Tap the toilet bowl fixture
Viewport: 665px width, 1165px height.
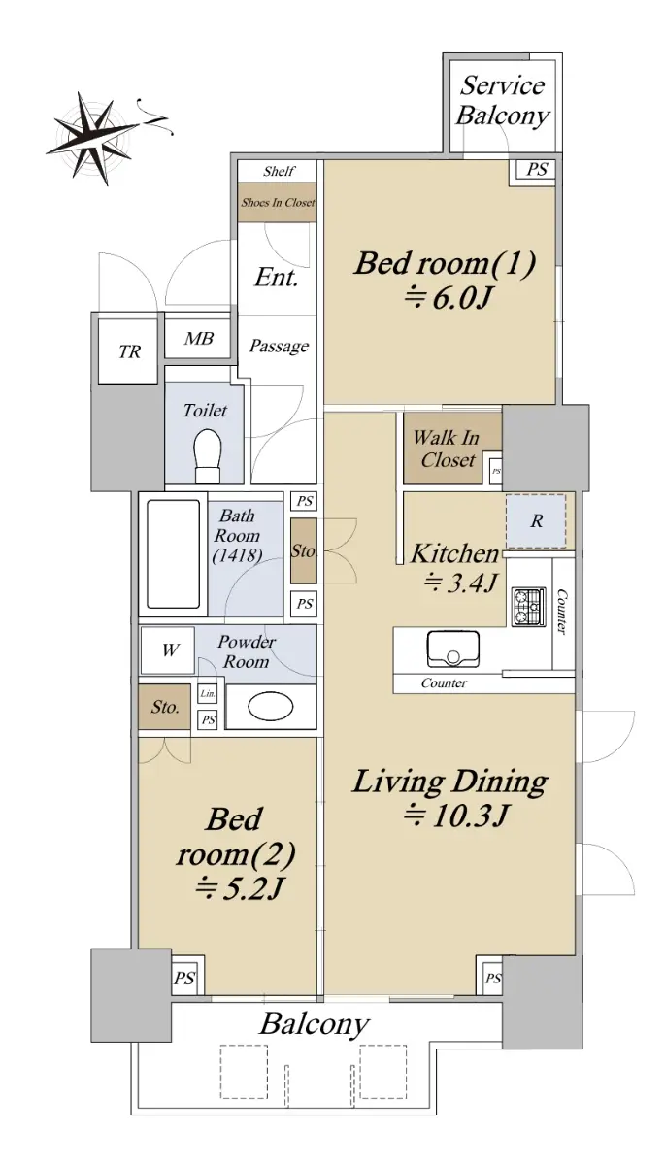pos(207,456)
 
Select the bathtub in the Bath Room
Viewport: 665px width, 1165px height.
pos(173,554)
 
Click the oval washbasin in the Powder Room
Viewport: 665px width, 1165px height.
pos(270,707)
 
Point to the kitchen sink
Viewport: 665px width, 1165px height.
pos(452,649)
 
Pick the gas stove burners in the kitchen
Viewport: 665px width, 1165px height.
pos(528,607)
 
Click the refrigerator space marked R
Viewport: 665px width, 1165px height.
pos(536,520)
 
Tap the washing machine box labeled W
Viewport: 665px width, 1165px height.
pos(168,650)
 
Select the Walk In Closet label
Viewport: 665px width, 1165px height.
pos(447,449)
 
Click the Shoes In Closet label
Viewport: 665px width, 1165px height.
pos(278,202)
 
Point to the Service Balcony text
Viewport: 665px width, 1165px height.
pos(502,101)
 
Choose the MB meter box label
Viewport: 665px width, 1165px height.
pos(198,339)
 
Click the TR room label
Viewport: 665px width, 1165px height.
pos(129,351)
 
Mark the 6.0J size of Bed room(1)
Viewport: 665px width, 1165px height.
pos(449,298)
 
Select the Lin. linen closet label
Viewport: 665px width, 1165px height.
pos(208,693)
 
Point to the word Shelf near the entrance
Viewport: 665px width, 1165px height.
pos(279,171)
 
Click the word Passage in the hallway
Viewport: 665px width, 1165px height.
pos(279,346)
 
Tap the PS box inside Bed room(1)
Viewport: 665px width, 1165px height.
pos(537,169)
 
